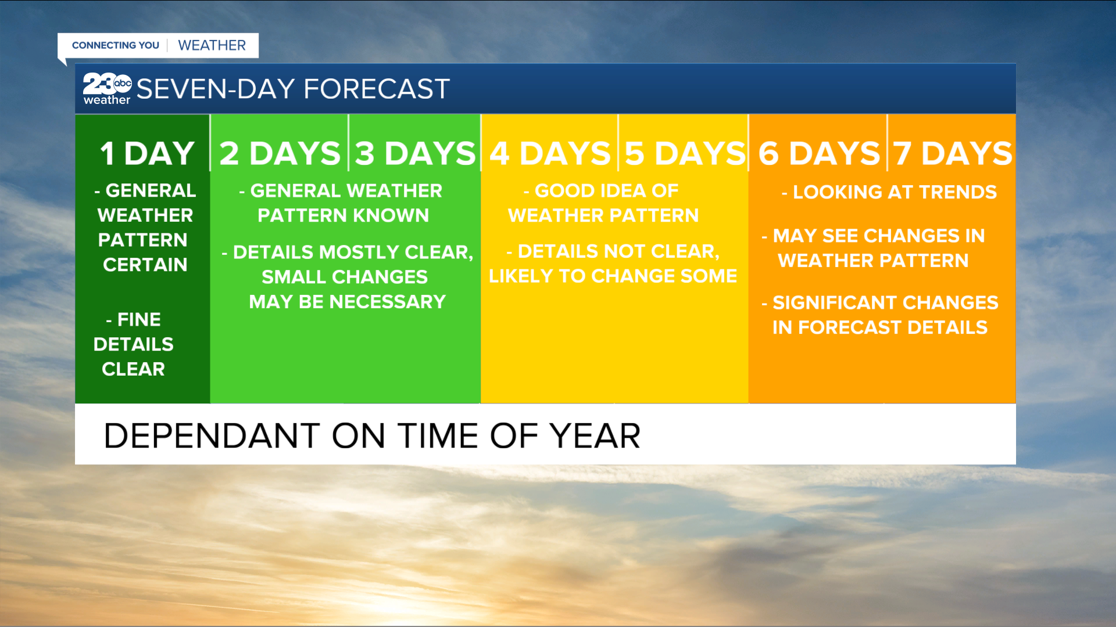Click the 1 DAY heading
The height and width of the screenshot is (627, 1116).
coord(147,154)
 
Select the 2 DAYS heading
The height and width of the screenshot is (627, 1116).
coord(280,154)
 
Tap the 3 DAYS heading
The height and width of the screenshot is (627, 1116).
coord(415,154)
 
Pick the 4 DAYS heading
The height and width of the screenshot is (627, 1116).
coord(550,154)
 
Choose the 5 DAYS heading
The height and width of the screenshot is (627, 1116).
coord(685,154)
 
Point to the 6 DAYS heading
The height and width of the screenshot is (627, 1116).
coord(819,154)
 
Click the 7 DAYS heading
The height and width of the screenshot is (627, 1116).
coord(953,154)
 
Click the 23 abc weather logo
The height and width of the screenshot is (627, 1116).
coord(107,89)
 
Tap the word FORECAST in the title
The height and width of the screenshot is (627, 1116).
coord(377,89)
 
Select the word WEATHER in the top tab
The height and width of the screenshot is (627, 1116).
coord(212,45)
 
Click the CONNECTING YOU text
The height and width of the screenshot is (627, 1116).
coord(115,45)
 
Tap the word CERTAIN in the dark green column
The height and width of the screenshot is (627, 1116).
coord(145,265)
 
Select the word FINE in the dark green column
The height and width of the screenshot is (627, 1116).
coord(139,319)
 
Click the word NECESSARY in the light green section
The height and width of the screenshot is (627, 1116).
coord(387,302)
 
